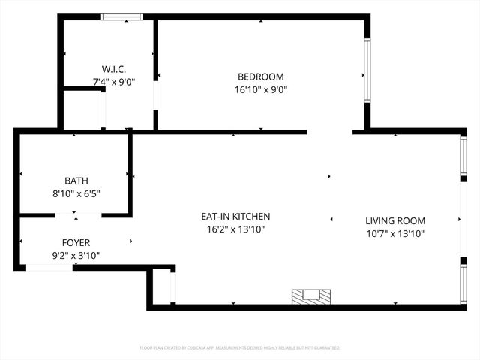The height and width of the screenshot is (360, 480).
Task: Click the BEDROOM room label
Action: click(260, 76)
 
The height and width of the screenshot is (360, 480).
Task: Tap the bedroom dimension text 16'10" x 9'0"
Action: click(260, 89)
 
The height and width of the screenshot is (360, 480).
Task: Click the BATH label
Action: click(76, 181)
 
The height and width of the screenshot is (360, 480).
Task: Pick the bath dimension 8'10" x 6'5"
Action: click(76, 193)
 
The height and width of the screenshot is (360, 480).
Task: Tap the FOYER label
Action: click(76, 242)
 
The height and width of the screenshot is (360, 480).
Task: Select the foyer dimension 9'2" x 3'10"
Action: click(76, 255)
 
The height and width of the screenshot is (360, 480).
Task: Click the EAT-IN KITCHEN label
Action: click(235, 217)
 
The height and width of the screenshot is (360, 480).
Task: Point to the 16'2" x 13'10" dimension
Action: click(235, 229)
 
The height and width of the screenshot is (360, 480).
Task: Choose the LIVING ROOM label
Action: click(395, 221)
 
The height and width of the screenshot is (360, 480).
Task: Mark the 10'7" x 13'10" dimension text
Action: click(395, 234)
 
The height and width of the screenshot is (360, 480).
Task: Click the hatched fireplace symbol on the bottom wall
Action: click(310, 297)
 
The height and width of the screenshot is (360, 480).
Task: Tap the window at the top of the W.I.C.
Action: click(121, 16)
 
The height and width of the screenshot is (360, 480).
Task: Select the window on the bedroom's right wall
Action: click(367, 71)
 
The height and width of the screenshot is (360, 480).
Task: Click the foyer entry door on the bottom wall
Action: click(49, 267)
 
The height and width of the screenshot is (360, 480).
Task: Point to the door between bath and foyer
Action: click(79, 215)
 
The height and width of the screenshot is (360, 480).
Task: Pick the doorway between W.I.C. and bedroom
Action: click(155, 95)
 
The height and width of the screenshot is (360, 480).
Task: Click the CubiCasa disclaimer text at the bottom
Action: click(240, 348)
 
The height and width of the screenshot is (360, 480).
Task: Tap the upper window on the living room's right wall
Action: click(463, 156)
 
